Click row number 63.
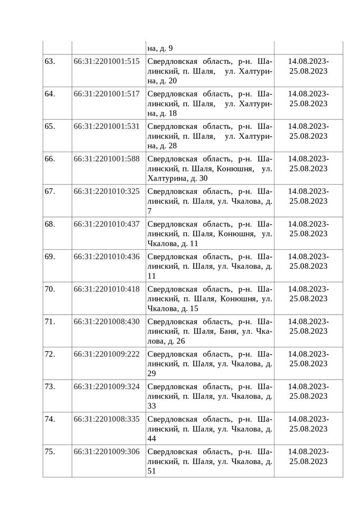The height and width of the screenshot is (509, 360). coord(50,61)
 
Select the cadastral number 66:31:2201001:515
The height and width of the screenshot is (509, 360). coord(107,61)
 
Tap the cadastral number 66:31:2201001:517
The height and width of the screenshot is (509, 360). coord(107,93)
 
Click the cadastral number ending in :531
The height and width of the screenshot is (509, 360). coord(107,126)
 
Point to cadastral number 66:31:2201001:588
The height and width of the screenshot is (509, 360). coord(107,159)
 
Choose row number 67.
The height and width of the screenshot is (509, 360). coord(50,191)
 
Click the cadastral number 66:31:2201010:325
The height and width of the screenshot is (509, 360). coord(107,191)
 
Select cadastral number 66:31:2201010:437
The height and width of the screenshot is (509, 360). coord(107,224)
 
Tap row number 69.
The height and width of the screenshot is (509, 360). coord(50,256)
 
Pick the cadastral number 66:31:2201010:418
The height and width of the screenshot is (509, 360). coord(107,289)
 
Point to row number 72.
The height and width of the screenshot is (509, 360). coord(50,354)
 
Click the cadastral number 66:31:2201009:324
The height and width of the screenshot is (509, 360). coord(107,387)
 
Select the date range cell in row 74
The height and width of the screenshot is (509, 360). coord(308,424)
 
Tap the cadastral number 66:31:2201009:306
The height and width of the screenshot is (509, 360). coord(107,452)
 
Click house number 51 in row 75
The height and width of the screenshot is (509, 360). coord(151,472)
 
